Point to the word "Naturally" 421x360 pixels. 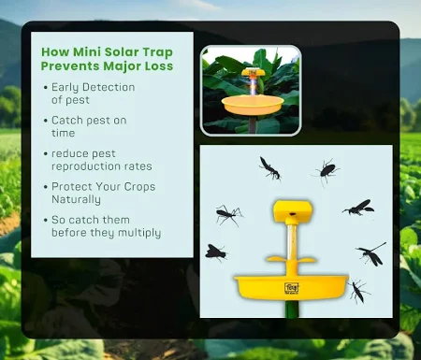point(83,199)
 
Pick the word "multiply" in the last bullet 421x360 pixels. point(138,232)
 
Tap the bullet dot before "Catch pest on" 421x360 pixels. point(46,121)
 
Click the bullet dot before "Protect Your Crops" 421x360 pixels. point(46,187)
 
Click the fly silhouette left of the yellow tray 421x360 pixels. point(216,252)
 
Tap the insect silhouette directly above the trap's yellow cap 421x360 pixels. point(269,168)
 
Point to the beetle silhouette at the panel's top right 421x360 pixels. point(327,169)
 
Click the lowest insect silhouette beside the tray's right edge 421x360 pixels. point(358,291)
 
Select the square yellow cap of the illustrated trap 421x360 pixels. point(291,211)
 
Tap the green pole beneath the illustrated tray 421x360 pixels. point(291,310)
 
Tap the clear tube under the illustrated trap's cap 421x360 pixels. point(291,243)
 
